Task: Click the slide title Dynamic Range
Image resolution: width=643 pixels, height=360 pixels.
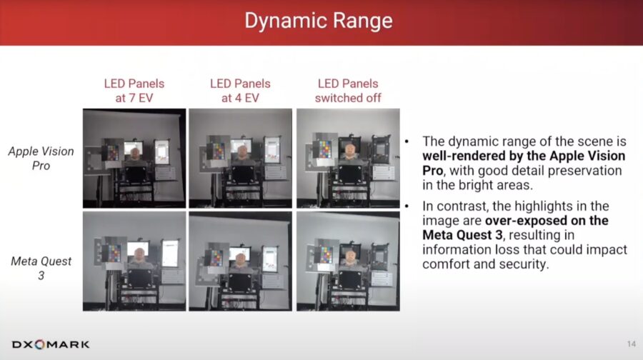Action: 319,21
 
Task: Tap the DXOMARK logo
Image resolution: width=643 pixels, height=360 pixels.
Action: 51,344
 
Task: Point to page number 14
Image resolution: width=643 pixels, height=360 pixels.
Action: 631,344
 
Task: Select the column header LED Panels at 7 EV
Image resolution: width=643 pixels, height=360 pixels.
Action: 134,91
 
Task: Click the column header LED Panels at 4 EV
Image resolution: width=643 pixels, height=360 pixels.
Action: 240,91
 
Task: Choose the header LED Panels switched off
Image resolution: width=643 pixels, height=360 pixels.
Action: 348,91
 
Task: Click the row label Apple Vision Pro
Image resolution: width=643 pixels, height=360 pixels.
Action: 41,159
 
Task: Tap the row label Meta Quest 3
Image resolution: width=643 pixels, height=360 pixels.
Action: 41,268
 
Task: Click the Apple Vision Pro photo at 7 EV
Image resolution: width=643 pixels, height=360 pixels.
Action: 134,159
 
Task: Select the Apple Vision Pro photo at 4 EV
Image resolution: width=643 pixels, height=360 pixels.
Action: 240,159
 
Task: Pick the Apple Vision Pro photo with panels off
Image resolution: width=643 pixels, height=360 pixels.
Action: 348,159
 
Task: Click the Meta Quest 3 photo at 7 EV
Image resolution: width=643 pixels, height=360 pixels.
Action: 134,261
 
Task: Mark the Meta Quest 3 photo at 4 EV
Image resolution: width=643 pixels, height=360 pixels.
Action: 240,261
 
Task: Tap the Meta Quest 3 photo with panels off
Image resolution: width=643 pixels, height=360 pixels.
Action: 348,261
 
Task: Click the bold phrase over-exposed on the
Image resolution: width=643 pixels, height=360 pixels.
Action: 547,221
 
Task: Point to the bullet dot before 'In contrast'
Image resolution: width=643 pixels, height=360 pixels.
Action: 407,206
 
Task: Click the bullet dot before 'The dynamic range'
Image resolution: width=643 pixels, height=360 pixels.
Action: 407,141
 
